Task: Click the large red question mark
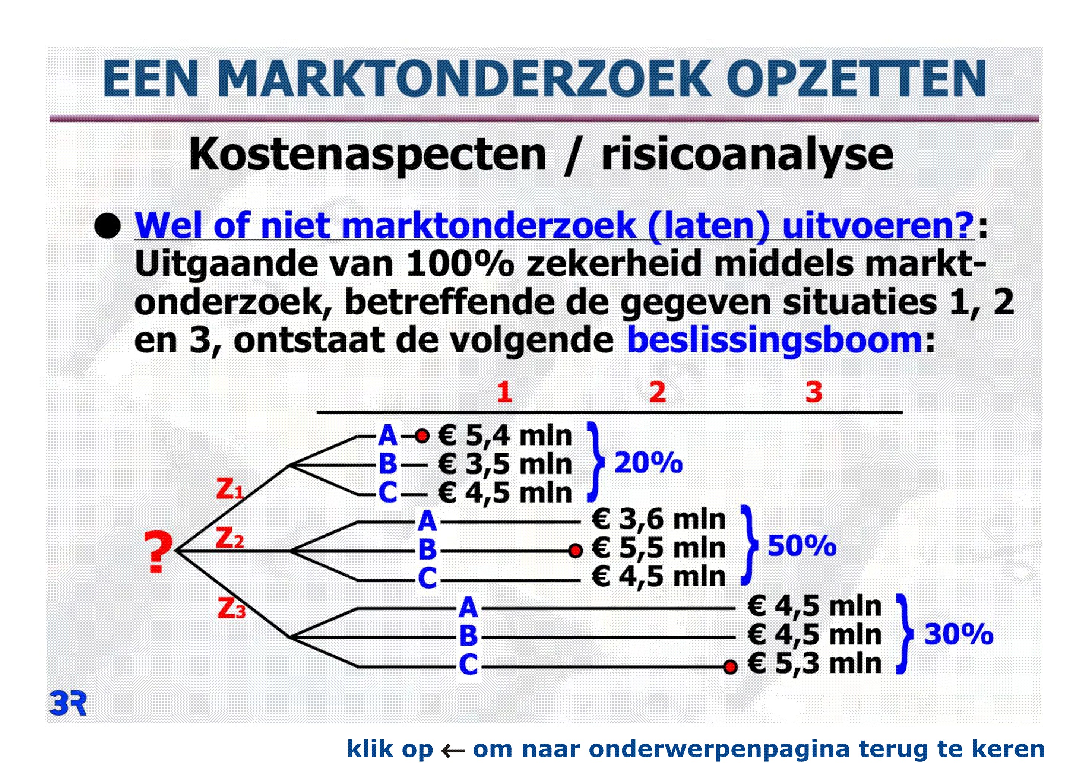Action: click(x=158, y=552)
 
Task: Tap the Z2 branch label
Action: click(x=230, y=538)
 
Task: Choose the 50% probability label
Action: click(x=802, y=545)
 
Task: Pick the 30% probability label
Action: click(x=959, y=634)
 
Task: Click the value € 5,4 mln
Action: click(x=505, y=436)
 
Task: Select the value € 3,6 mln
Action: click(x=659, y=519)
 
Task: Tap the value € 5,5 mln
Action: click(x=659, y=548)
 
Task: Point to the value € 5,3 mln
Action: click(x=814, y=663)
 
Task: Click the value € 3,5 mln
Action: click(x=505, y=464)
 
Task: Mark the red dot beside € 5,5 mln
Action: click(x=575, y=551)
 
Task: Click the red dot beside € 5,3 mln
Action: click(x=731, y=667)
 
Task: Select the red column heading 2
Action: click(x=657, y=392)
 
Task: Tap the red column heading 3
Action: click(x=814, y=392)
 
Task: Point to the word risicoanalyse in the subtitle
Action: click(x=747, y=155)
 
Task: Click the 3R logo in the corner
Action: click(x=68, y=704)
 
